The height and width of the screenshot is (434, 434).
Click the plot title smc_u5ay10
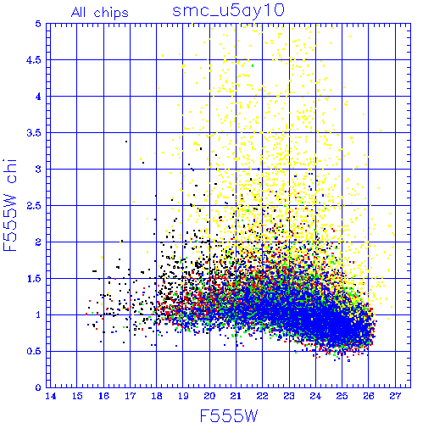pos(228,11)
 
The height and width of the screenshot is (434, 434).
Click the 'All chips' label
pos(100,13)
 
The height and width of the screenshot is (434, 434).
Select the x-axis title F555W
pos(229,416)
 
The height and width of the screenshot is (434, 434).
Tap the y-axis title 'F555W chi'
pos(10,205)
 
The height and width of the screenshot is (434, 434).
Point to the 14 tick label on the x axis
pos(51,397)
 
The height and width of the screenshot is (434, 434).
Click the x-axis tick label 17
pos(131,397)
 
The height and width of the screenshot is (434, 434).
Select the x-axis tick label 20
pos(209,397)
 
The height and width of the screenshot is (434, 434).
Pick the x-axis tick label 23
pos(289,397)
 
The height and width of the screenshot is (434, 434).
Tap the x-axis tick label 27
pos(395,397)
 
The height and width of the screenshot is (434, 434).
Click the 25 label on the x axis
pos(342,397)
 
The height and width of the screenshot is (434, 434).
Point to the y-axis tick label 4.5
pos(34,60)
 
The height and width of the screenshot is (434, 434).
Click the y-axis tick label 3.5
pos(34,133)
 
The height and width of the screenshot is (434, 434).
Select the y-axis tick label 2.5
pos(34,206)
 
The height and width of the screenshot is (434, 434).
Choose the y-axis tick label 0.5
pos(34,351)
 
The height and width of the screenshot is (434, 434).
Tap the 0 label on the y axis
pos(38,387)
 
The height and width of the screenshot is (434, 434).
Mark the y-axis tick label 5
pos(38,24)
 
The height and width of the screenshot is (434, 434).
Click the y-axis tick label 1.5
pos(34,279)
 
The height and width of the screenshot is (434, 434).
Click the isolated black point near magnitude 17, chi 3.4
pos(126,142)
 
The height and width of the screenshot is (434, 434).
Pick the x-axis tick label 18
pos(157,397)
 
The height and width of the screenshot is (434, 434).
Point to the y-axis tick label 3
pos(38,170)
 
